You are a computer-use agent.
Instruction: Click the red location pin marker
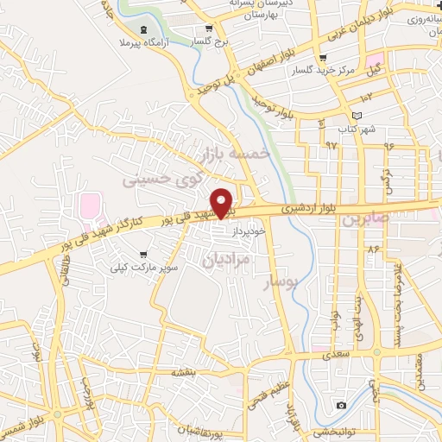(222, 203)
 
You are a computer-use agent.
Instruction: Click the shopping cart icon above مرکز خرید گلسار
(323, 59)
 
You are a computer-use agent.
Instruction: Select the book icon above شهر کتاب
(356, 115)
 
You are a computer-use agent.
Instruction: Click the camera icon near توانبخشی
(341, 406)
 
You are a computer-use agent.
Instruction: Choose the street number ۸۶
(373, 249)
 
